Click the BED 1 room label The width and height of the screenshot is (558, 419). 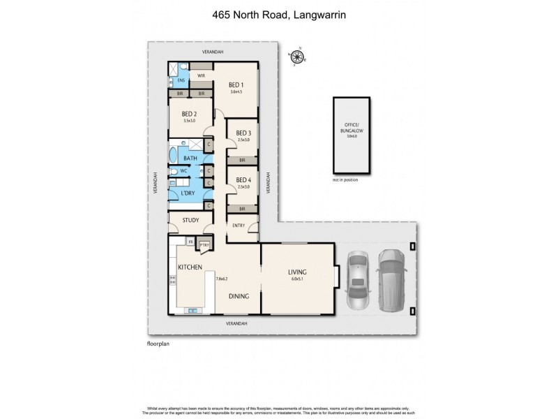[236, 85]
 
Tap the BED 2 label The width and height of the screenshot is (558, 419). [190, 114]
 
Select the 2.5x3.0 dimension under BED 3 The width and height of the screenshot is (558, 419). [243, 140]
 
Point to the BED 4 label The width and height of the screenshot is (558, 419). [243, 180]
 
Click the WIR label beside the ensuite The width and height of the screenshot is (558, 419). [201, 75]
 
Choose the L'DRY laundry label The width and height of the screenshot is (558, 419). [188, 193]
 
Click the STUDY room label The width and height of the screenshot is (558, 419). [190, 221]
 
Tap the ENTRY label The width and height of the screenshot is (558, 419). [239, 225]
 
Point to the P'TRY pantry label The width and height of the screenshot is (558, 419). [204, 244]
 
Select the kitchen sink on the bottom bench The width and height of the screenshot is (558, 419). [190, 310]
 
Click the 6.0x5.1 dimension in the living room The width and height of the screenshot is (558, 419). [298, 279]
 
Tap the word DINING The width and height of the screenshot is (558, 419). [240, 296]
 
